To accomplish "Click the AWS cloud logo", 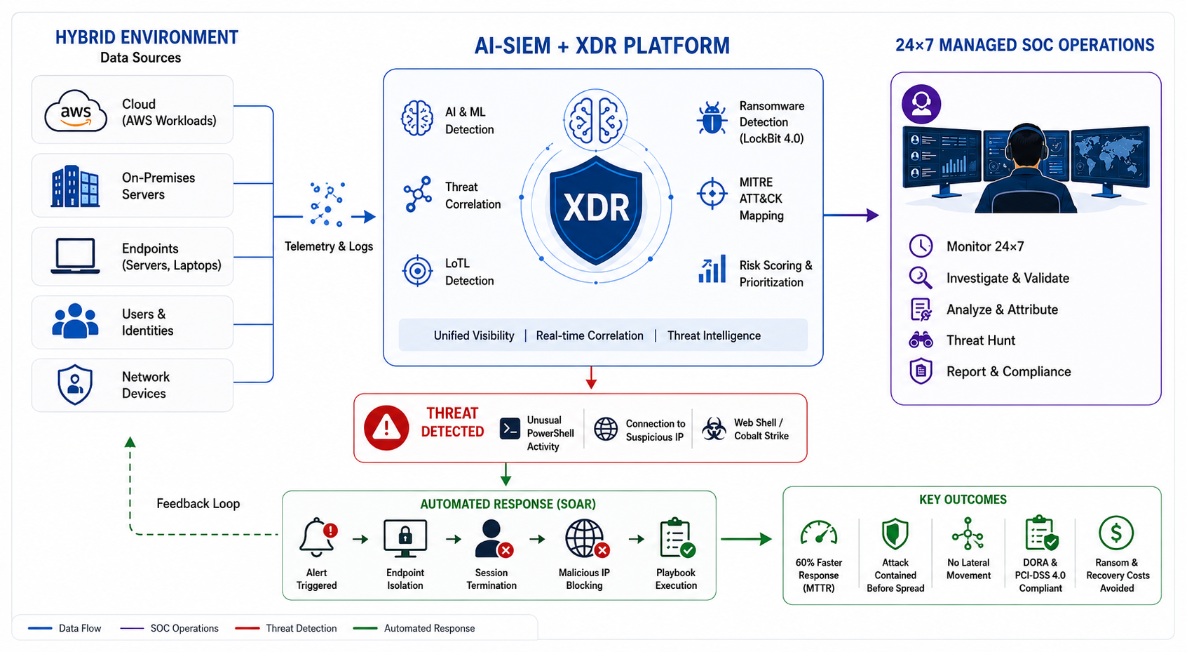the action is [76, 110].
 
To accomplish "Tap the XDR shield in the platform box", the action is [596, 210].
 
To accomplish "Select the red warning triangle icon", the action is [386, 428].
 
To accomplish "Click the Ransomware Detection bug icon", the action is [712, 118].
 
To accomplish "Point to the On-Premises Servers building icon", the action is [75, 186].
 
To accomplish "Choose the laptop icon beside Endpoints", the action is [75, 256].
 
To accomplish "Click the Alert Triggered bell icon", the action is [318, 537].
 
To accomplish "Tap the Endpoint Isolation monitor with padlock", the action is [405, 538].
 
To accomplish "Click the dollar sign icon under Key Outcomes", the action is [1116, 533].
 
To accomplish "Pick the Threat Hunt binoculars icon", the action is [921, 340].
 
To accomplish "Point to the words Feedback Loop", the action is [198, 503].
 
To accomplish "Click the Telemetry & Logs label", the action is [329, 246].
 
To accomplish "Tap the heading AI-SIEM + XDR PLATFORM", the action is [602, 46].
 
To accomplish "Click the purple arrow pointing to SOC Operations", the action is [851, 215].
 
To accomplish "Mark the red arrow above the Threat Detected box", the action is [591, 377].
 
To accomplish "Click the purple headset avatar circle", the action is [921, 104].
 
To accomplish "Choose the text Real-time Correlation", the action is [590, 335].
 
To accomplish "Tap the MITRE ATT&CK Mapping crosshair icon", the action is [712, 194].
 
